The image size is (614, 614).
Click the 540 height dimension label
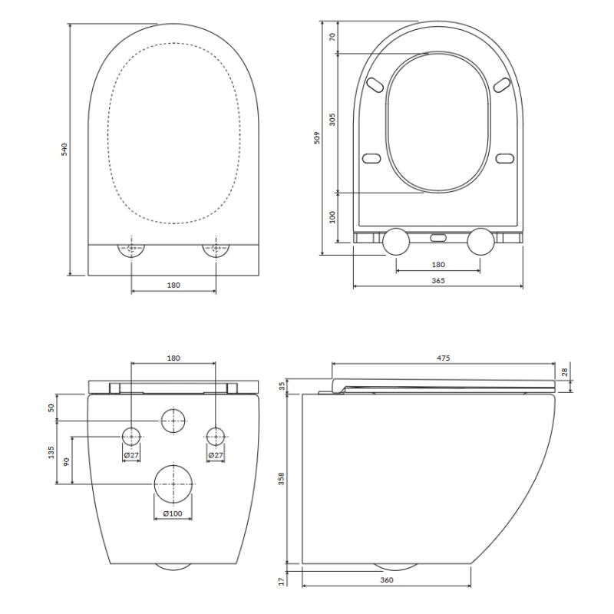(64, 149)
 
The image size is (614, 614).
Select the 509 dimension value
(317, 138)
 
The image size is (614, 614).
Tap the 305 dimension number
(332, 120)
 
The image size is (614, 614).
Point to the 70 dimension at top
(332, 37)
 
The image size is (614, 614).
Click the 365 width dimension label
(438, 281)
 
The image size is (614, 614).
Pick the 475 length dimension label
(444, 358)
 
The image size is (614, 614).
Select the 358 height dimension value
(281, 479)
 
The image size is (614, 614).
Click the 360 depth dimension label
(387, 580)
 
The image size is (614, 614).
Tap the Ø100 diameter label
(173, 513)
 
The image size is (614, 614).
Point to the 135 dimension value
(51, 452)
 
